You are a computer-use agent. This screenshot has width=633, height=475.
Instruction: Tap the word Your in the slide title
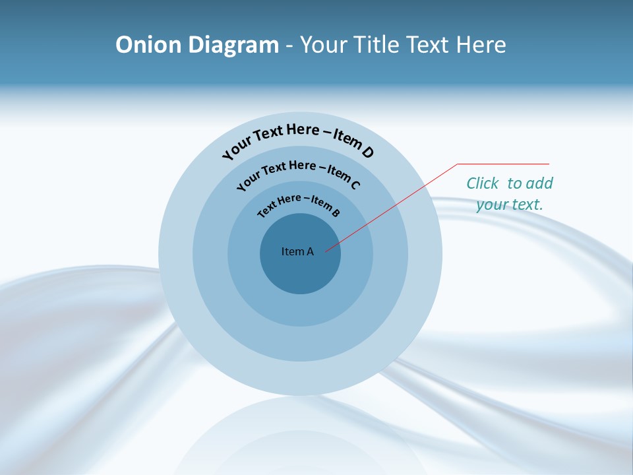(325, 45)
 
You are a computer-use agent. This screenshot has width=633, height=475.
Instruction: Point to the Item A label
(297, 251)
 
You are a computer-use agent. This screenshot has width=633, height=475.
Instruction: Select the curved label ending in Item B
(299, 204)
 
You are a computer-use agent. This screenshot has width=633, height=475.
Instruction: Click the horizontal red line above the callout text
(503, 164)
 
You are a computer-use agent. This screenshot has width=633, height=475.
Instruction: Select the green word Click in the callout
(483, 183)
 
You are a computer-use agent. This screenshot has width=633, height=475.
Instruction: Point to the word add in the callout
(540, 183)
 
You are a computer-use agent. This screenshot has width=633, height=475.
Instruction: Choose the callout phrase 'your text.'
(509, 205)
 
